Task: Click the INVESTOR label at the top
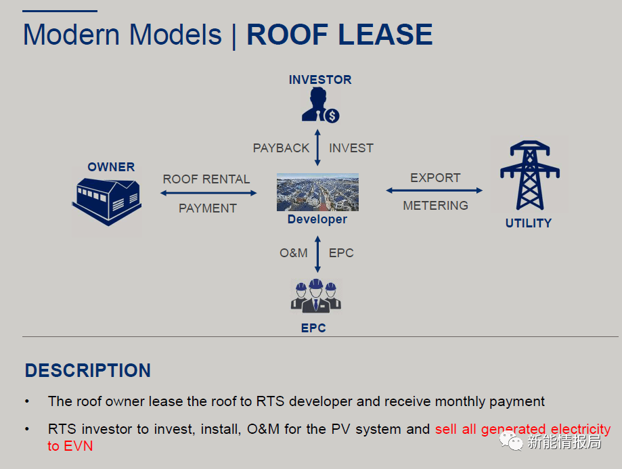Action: [320, 80]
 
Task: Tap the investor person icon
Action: [319, 105]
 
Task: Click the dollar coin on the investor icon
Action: [332, 116]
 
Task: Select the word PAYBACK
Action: [281, 148]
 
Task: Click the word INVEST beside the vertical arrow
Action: [351, 148]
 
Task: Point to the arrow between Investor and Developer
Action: [317, 148]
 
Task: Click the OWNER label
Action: [111, 167]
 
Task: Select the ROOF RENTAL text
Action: [206, 179]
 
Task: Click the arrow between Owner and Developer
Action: [208, 194]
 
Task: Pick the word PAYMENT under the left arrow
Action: [208, 208]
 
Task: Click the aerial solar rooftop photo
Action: [317, 192]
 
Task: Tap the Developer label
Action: [317, 219]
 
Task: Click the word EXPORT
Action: [436, 178]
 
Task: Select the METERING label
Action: [436, 206]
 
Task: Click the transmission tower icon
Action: [530, 175]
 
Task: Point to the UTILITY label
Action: [529, 223]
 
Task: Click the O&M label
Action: [294, 253]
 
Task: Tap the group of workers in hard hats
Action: [316, 296]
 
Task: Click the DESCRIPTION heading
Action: [88, 371]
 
